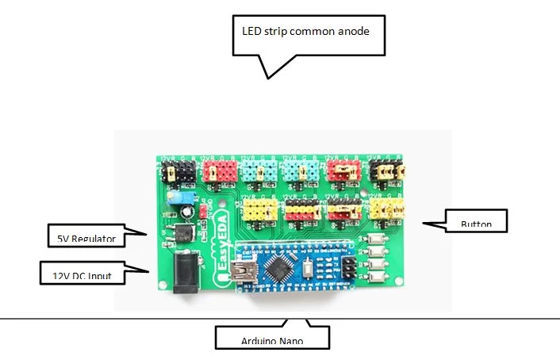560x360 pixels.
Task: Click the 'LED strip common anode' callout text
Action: coord(305,33)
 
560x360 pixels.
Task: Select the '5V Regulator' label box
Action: coord(86,237)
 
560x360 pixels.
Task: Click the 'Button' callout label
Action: coord(476,224)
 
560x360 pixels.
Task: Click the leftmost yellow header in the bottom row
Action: coord(260,209)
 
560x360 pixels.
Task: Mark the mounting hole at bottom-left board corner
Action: coord(163,285)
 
